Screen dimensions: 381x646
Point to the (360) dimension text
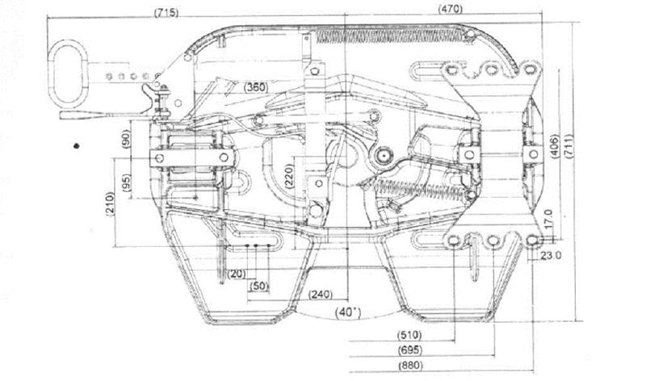256,86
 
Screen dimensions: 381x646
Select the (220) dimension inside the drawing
288,178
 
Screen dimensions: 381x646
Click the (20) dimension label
236,274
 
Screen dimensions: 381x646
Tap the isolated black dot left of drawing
75,146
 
